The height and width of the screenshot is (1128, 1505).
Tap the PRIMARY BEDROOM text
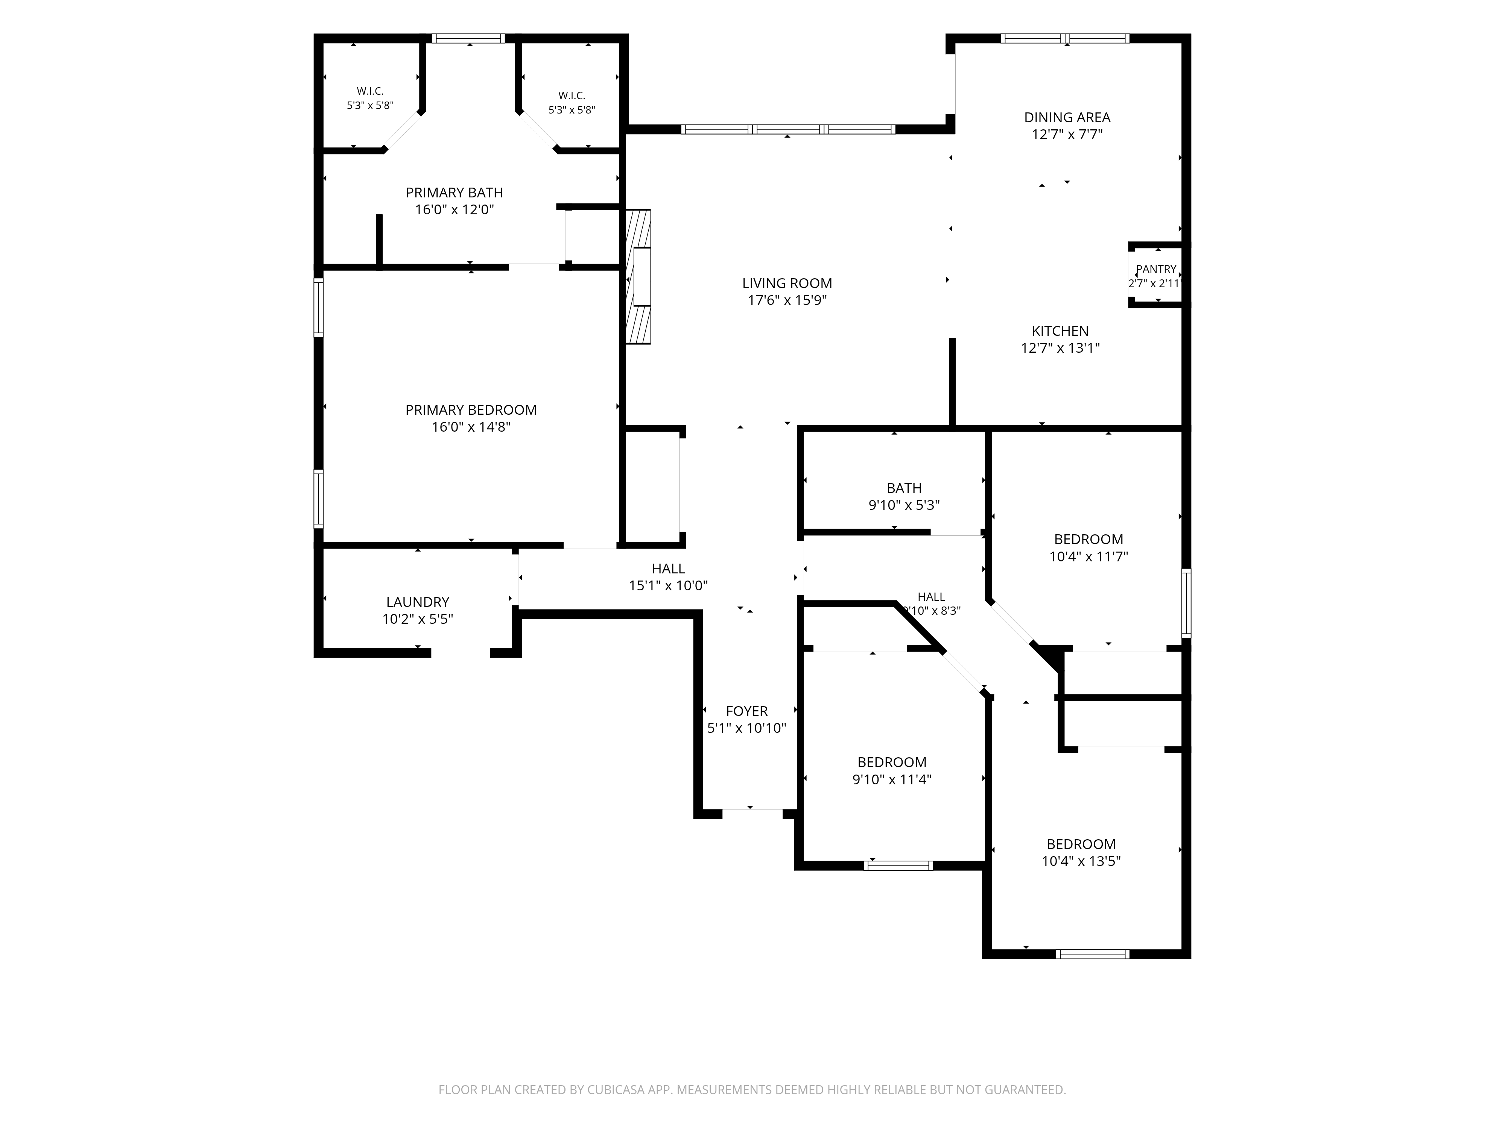tap(471, 410)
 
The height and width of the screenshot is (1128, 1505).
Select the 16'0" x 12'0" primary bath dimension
tap(455, 209)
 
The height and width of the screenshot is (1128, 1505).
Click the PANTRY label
tap(1156, 269)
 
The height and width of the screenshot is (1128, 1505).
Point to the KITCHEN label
tap(1060, 331)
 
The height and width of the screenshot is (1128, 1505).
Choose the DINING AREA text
tap(1067, 118)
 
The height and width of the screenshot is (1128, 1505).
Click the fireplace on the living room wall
tap(638, 277)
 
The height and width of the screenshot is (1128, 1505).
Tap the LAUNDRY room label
tap(418, 602)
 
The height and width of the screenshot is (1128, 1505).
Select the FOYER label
tap(746, 711)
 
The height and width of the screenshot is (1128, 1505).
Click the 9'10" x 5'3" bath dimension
tap(904, 505)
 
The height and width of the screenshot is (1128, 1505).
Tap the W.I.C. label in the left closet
tap(370, 91)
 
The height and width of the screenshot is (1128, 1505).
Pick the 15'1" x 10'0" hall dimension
tap(668, 585)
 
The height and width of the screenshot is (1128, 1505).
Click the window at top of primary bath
tap(469, 38)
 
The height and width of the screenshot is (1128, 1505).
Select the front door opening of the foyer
tap(752, 814)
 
